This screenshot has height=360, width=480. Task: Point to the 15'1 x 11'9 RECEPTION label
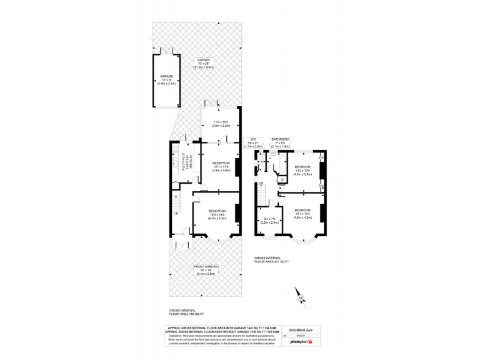tap(221, 163)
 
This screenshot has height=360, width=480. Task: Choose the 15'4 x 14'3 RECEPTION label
tap(217, 211)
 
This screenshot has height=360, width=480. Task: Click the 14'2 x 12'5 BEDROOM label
tap(302, 168)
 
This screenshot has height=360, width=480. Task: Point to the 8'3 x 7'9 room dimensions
tap(269, 218)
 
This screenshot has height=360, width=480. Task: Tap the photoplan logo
tap(301, 341)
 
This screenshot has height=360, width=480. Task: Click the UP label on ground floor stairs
tap(176, 214)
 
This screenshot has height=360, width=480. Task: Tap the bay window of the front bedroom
tap(302, 239)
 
